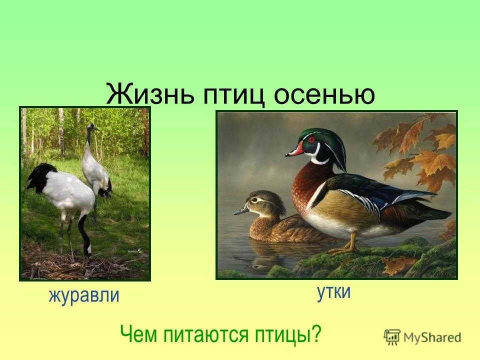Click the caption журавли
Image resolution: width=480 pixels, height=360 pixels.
coord(84,296)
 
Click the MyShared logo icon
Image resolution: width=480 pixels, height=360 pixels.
coord(392,337)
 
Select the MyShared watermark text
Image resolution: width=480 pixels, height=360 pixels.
coord(432,337)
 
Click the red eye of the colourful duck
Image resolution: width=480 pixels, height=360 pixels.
coord(311,139)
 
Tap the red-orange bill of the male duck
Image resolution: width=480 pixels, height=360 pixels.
coord(295,150)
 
